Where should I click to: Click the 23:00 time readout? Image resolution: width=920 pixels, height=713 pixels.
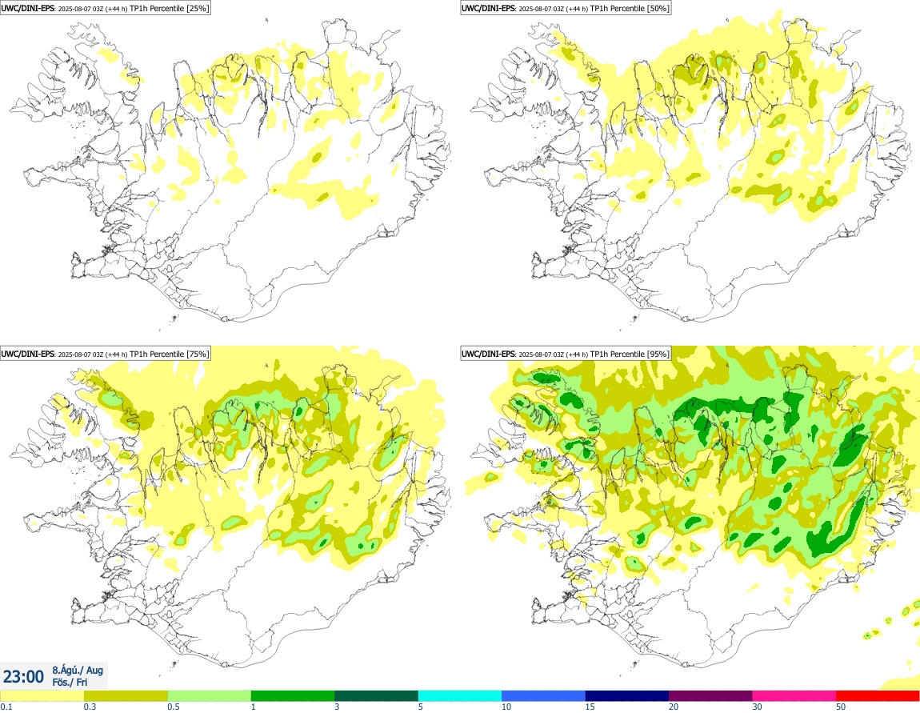tap(23, 677)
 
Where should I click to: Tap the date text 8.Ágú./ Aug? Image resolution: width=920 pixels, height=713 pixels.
tap(78, 669)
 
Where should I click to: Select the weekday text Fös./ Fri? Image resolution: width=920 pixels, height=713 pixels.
tap(70, 682)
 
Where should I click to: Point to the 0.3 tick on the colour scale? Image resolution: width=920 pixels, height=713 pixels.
tap(90, 707)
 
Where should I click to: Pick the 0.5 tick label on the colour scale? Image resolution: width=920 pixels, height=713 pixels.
tap(173, 707)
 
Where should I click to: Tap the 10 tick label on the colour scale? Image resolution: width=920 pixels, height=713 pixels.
tap(506, 707)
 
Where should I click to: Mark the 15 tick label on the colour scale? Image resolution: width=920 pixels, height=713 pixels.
tap(590, 707)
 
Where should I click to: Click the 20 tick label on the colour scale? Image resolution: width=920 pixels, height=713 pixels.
tap(674, 707)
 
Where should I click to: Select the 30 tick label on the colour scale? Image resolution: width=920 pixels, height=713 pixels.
tap(758, 707)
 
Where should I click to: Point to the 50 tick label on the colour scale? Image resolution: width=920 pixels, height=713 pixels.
tap(841, 707)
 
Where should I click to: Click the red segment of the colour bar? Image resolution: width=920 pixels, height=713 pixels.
tap(878, 695)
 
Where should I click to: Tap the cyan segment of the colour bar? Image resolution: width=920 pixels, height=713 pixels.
tap(460, 695)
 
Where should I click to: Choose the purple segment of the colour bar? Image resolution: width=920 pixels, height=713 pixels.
tap(710, 695)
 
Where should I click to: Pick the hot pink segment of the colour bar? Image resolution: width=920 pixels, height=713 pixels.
tap(794, 695)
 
